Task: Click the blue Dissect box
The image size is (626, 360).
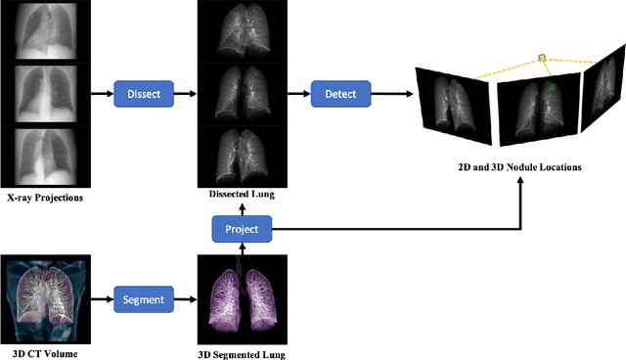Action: pos(144,94)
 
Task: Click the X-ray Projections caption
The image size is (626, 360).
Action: pos(45,199)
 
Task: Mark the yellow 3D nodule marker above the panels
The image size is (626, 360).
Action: pos(541,59)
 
